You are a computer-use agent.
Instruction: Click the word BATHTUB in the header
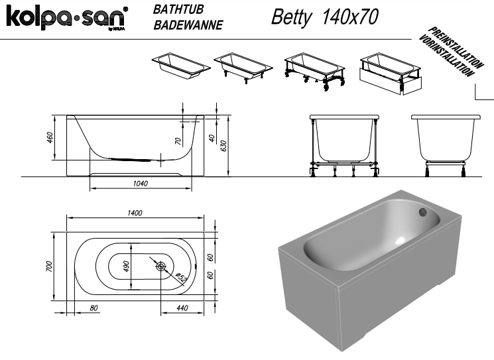(x=178, y=9)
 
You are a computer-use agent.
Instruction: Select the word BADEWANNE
(x=188, y=25)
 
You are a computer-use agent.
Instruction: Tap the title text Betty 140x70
(x=324, y=17)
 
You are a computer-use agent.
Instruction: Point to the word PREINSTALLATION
(x=456, y=47)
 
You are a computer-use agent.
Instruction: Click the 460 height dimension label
(x=50, y=138)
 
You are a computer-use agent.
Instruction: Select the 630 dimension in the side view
(x=223, y=146)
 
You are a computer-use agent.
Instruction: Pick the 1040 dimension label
(x=140, y=183)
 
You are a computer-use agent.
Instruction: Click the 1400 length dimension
(x=135, y=213)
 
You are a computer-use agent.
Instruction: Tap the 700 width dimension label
(x=49, y=267)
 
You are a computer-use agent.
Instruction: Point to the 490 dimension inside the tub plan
(x=126, y=266)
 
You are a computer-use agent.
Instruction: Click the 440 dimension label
(x=182, y=308)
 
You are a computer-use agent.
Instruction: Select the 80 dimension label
(x=93, y=308)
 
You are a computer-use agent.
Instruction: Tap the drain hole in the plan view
(x=160, y=267)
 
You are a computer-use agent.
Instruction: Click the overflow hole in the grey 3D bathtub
(x=422, y=212)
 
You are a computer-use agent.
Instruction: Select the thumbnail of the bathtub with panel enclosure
(x=390, y=74)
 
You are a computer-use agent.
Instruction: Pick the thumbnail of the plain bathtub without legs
(x=181, y=66)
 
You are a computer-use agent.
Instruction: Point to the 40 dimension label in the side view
(x=212, y=138)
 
